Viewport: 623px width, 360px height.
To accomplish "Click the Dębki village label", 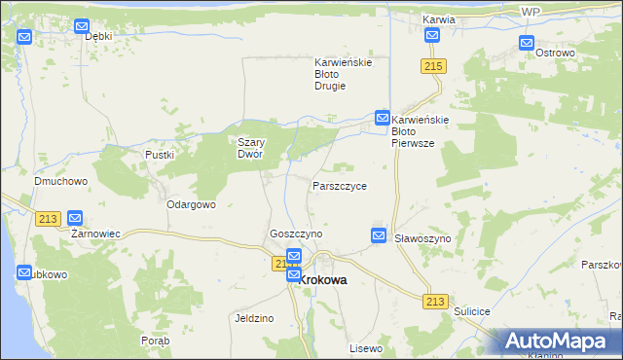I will [x=99, y=36].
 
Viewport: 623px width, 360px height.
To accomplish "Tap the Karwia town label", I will [x=439, y=19].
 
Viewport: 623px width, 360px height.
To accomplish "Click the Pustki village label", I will [x=159, y=155].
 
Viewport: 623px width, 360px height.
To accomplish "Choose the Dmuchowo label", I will [x=61, y=181].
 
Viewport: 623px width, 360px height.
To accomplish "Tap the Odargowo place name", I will [x=191, y=205].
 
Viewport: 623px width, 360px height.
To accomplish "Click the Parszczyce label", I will [x=340, y=185].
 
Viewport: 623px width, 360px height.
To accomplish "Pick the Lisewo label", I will [x=366, y=347].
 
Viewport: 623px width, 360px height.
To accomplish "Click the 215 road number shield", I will [x=434, y=65].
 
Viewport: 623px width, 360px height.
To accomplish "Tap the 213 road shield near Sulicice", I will [x=435, y=302].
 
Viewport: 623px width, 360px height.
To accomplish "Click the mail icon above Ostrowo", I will [x=527, y=43].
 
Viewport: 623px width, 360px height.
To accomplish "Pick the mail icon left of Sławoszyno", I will [x=379, y=235].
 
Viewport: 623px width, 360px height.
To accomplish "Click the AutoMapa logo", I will [x=559, y=342].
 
